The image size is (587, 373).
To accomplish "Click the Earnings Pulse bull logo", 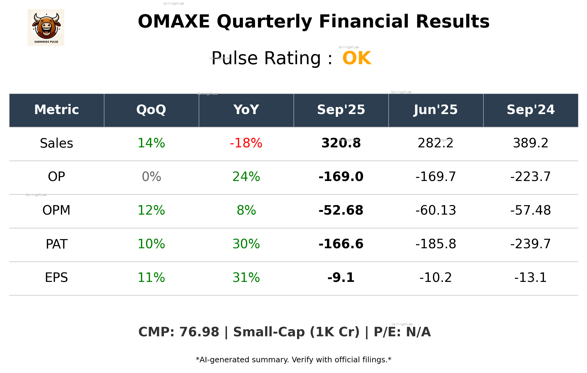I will [x=46, y=27].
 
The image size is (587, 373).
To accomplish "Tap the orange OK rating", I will [x=357, y=58].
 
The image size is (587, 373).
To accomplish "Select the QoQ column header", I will [x=151, y=110].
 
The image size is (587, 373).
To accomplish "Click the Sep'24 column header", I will [x=530, y=110].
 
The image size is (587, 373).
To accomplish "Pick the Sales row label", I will [x=57, y=143].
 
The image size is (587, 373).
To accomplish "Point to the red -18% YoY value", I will [x=246, y=143].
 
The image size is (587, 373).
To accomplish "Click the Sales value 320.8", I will [x=341, y=143].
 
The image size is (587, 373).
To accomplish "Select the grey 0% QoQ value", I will [x=151, y=177].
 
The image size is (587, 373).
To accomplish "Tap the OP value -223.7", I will [x=530, y=177].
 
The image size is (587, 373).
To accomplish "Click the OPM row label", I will [x=57, y=210].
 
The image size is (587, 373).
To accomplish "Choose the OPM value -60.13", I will [x=436, y=210].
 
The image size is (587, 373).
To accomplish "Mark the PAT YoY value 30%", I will [x=246, y=244].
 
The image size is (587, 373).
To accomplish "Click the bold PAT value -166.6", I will [x=341, y=244].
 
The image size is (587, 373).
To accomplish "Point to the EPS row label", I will [x=57, y=278].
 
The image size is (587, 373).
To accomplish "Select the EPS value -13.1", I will [x=530, y=278].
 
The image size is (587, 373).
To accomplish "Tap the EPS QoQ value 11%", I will [x=151, y=278].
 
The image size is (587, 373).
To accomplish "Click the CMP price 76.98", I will [x=199, y=332].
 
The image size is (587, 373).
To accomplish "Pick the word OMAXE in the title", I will [x=174, y=22].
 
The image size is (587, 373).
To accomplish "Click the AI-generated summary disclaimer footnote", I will [x=293, y=360].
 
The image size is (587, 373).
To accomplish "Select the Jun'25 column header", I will [x=436, y=110].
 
